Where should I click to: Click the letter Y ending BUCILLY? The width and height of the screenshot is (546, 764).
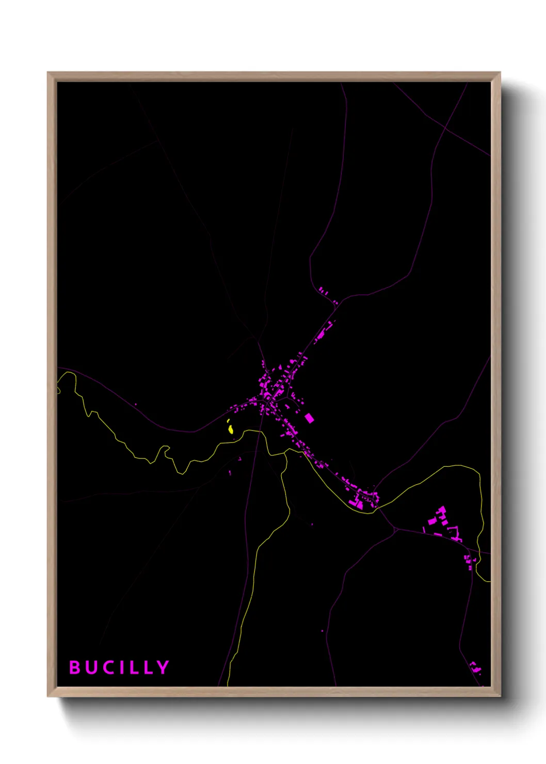(163, 667)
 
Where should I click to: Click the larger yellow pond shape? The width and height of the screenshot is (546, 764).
(231, 429)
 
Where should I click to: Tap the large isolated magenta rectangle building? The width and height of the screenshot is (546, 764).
(309, 418)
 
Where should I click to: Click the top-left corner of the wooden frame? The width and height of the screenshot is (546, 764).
(49, 73)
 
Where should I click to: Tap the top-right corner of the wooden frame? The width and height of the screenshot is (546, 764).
(500, 73)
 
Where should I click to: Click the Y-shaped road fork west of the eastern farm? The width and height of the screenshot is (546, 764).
(395, 529)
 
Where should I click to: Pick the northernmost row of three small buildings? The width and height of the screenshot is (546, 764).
(323, 291)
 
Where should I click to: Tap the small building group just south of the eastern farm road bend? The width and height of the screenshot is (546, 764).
(469, 562)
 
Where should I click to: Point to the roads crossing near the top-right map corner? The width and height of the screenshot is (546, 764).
(445, 126)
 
